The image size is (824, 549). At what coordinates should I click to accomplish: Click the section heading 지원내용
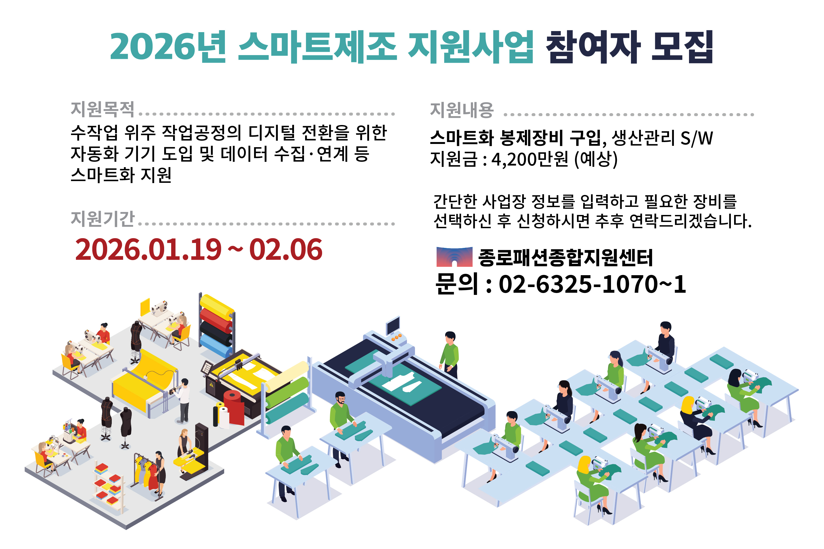[x=461, y=110]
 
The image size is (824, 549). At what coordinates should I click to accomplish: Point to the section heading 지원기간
[x=102, y=218]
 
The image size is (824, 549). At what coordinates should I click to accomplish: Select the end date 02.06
[x=285, y=250]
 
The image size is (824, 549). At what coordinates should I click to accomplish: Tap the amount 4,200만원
[x=529, y=159]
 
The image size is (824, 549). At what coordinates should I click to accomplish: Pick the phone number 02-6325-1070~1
[x=592, y=284]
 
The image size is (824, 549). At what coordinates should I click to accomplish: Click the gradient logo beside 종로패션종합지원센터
[x=454, y=257]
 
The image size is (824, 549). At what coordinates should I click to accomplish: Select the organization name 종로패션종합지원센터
[x=565, y=257]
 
